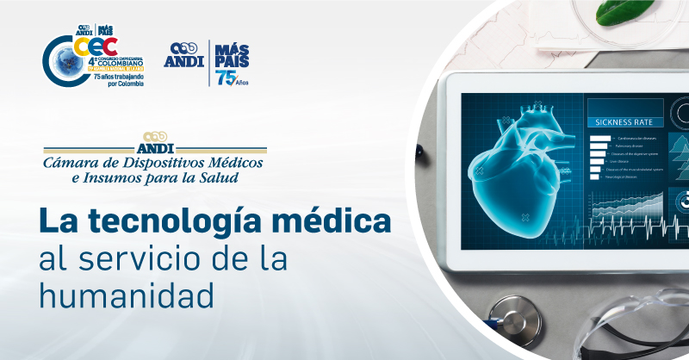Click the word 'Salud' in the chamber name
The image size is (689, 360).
click(x=221, y=178)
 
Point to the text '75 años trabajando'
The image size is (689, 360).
click(x=116, y=77)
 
